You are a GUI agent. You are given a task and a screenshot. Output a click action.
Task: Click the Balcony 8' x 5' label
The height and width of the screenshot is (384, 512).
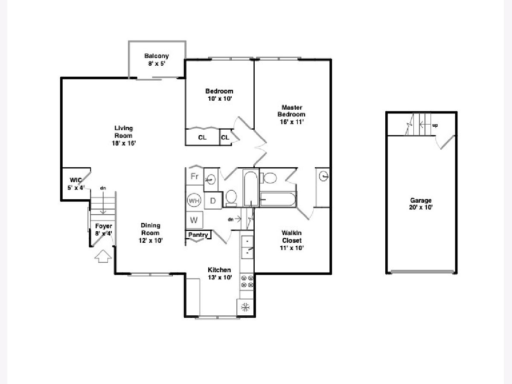coord(157,60)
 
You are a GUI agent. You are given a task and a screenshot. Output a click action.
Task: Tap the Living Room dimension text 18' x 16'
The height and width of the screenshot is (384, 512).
coord(124,143)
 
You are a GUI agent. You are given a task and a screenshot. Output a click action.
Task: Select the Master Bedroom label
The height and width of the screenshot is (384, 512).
coord(291,111)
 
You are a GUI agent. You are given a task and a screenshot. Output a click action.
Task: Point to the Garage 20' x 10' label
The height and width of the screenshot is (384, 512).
coord(421,204)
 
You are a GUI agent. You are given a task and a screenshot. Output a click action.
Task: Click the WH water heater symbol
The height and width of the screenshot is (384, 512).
coord(194,201)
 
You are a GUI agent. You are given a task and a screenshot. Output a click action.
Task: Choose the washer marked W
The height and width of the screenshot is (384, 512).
coord(194,220)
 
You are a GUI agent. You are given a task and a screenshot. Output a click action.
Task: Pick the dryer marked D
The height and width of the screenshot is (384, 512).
coord(213,201)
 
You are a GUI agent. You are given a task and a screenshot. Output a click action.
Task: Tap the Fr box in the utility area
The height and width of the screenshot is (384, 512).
coord(195,176)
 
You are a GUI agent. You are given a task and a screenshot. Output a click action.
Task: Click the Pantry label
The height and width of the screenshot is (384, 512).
coord(198,235)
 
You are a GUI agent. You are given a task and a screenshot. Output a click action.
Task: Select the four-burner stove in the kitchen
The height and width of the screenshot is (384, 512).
coord(247,282)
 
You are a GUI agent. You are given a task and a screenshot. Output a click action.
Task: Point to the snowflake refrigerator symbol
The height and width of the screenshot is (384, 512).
coord(245,307)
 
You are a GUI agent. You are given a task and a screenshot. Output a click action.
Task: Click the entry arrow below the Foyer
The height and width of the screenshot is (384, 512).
coord(103,256)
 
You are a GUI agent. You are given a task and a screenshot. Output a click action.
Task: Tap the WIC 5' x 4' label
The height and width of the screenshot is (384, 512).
coord(76,184)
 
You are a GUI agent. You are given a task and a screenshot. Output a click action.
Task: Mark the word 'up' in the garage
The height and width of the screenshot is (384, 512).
coord(435,125)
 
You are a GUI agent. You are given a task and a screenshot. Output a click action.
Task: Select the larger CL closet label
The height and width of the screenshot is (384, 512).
coord(202,137)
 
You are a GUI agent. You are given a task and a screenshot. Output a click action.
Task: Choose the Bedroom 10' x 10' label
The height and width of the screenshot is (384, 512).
coord(219,95)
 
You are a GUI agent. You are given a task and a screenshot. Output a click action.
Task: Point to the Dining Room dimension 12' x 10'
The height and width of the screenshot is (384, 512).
coord(151,240)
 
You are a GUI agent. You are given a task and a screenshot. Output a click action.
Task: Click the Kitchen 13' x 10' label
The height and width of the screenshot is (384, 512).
coord(219,274)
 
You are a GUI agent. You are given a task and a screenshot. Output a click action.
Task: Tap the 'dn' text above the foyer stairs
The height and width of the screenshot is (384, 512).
coord(103,188)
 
